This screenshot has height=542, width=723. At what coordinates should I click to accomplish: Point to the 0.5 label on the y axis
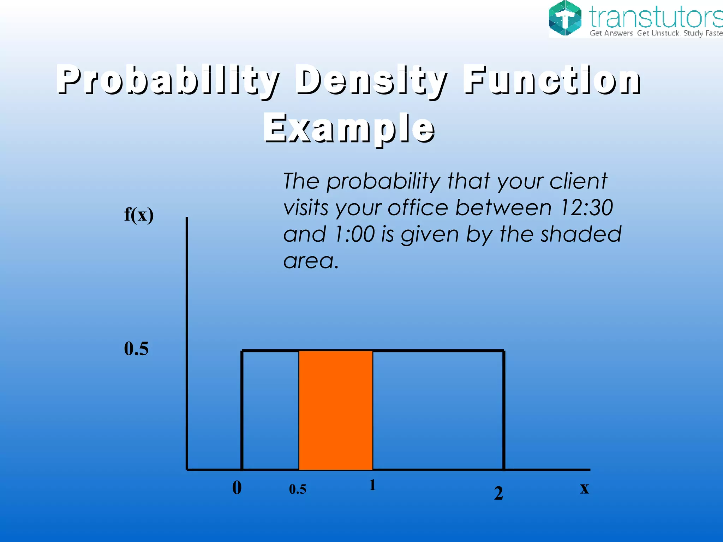tap(136, 349)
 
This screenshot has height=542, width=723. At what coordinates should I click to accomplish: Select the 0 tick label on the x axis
tap(237, 488)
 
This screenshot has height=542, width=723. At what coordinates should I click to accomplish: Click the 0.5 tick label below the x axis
tap(298, 489)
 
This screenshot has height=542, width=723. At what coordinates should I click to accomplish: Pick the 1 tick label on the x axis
tap(372, 485)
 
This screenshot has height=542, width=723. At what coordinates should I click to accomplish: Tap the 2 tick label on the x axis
tap(498, 493)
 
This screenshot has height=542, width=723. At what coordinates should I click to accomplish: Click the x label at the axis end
tap(584, 488)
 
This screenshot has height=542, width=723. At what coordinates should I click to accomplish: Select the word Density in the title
tap(371, 80)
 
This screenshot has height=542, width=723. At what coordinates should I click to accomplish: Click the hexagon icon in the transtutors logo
tap(565, 18)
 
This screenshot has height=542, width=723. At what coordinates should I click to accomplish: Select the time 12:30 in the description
tap(586, 207)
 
